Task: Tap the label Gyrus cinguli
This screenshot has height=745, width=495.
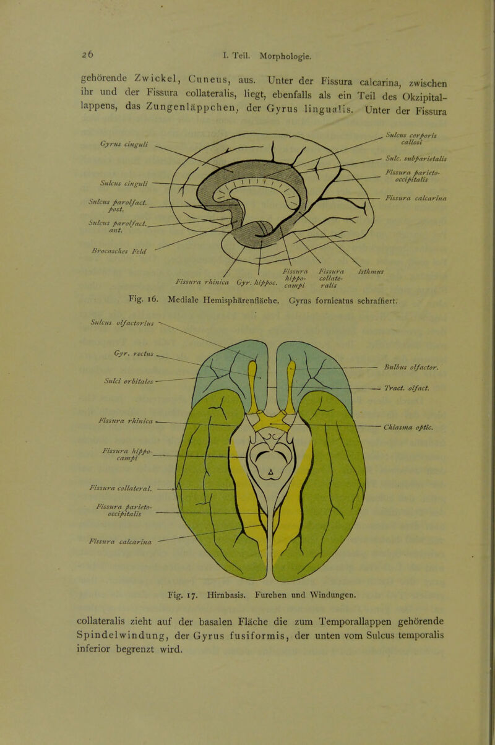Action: (x=124, y=144)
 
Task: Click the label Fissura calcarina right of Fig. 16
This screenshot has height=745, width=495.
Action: (x=416, y=199)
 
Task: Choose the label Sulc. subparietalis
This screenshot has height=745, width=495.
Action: (x=416, y=159)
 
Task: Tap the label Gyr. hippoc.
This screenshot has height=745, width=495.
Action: (x=257, y=283)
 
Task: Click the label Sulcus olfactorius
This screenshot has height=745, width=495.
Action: (x=122, y=322)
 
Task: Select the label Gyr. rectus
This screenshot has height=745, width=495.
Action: (x=134, y=354)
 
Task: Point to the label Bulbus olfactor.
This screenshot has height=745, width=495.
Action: (x=411, y=368)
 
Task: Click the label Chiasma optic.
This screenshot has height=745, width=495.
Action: (x=408, y=428)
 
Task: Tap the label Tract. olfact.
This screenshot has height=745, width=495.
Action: (x=407, y=388)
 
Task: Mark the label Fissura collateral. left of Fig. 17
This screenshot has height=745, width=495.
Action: (x=121, y=489)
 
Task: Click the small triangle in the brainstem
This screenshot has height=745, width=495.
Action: (x=271, y=472)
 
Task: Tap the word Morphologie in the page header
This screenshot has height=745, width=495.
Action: (x=286, y=57)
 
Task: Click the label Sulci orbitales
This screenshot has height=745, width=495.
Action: (x=129, y=382)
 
